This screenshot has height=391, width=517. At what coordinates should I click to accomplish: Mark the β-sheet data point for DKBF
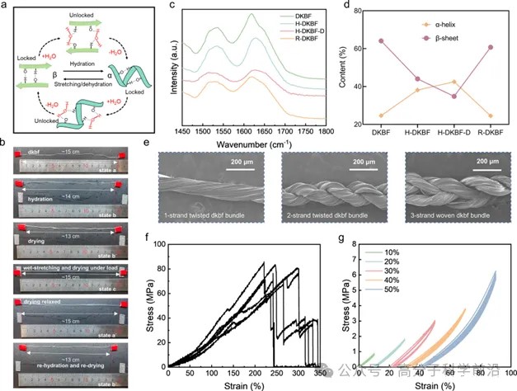pyautogui.click(x=381, y=40)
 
